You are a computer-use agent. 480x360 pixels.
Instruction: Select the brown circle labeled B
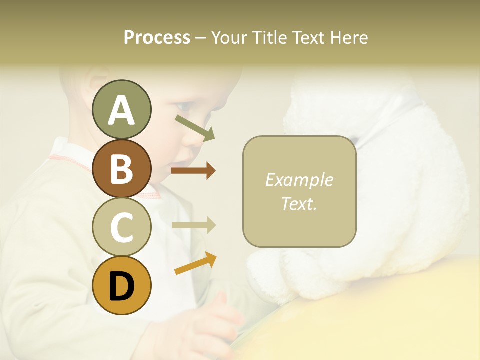(121, 168)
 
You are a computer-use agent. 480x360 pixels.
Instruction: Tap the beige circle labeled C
(121, 227)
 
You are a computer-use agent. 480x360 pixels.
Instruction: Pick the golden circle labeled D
(121, 285)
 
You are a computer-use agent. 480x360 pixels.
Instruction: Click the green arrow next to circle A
(195, 127)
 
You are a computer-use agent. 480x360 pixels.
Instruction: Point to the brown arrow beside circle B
(193, 171)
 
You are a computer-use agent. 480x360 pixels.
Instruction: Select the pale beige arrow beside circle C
(193, 225)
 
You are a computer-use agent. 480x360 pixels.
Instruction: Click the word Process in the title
(157, 37)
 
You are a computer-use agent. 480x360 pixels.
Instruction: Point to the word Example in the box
(299, 180)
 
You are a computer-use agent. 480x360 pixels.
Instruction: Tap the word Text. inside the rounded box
(299, 203)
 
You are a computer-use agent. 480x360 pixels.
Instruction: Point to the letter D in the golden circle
(121, 286)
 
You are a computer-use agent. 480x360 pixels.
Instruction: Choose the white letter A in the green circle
(121, 110)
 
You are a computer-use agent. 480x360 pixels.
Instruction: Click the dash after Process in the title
(201, 38)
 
